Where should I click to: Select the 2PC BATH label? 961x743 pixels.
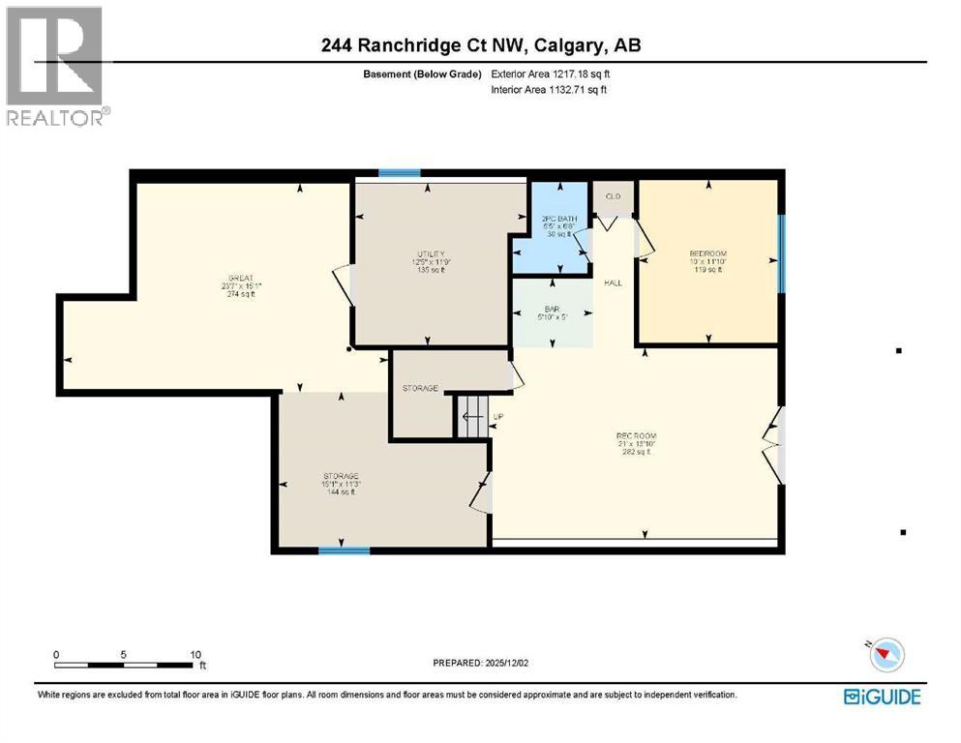pos(559,220)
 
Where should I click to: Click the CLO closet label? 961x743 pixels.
pos(612,196)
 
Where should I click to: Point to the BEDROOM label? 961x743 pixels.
pos(706,253)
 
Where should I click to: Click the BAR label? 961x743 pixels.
pos(551,311)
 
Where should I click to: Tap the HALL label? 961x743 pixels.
pos(613,283)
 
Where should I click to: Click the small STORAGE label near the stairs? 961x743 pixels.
pos(420,388)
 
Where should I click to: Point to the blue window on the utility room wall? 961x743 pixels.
pos(399,174)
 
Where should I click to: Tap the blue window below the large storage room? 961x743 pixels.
pos(345,550)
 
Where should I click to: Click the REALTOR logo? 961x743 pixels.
pos(56,66)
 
